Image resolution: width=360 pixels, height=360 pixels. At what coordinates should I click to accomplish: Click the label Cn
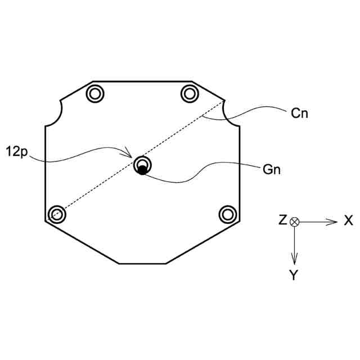pyautogui.click(x=299, y=113)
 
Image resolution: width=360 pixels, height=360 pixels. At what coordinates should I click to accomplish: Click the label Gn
pyautogui.click(x=271, y=168)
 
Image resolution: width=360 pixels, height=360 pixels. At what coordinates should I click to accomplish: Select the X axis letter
pyautogui.click(x=348, y=221)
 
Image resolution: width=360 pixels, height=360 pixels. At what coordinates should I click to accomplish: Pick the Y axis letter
pyautogui.click(x=294, y=275)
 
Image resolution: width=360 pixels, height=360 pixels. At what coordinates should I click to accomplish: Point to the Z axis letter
pyautogui.click(x=282, y=221)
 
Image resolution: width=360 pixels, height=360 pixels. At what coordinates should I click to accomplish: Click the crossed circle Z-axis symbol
pyautogui.click(x=294, y=222)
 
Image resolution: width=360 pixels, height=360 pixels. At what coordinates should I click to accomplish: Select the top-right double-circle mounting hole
pyautogui.click(x=190, y=92)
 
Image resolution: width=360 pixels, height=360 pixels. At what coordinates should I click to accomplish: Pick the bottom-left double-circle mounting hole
pyautogui.click(x=55, y=214)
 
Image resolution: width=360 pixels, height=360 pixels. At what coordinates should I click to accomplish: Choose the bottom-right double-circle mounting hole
pyautogui.click(x=227, y=214)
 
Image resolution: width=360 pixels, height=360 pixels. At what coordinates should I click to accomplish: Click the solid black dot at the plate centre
pyautogui.click(x=142, y=170)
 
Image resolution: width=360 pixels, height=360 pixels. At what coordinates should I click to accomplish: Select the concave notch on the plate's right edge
pyautogui.click(x=231, y=114)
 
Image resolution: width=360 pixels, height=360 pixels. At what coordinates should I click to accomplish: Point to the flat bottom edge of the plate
pyautogui.click(x=142, y=263)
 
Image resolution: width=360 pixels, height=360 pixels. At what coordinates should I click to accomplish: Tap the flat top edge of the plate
pyautogui.click(x=142, y=81)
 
